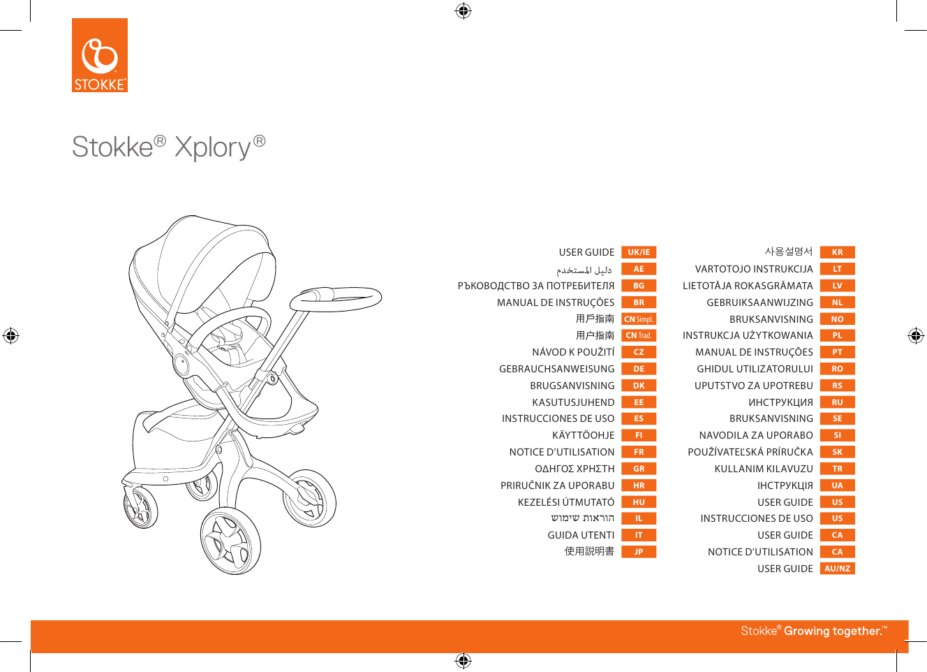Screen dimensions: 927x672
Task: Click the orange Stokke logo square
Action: coord(100,55)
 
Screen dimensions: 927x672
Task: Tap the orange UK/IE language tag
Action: coord(639,252)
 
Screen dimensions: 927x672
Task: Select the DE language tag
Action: coord(639,369)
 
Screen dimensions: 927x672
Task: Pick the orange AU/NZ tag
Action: coord(837,569)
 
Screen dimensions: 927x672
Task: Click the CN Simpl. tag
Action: coord(639,319)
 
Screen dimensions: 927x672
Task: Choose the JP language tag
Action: coord(639,552)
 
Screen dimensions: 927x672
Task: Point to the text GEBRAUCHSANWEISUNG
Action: coord(556,369)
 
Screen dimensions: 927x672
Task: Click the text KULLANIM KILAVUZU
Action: coord(764,469)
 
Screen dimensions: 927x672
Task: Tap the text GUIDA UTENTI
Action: coord(581,535)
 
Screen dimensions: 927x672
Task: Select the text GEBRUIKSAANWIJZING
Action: coord(759,302)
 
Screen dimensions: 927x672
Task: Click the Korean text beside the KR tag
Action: coord(789,251)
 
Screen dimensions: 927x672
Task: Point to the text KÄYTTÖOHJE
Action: coord(583,435)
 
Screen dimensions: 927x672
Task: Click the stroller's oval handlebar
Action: coord(336,299)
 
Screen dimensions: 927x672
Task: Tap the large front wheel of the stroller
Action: coord(231,541)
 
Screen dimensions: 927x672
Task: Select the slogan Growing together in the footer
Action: coord(833,631)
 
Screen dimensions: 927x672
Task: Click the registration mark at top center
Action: coord(463,10)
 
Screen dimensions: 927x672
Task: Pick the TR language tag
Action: coord(837,469)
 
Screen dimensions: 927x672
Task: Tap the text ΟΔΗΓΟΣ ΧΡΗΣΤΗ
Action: coord(574,469)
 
